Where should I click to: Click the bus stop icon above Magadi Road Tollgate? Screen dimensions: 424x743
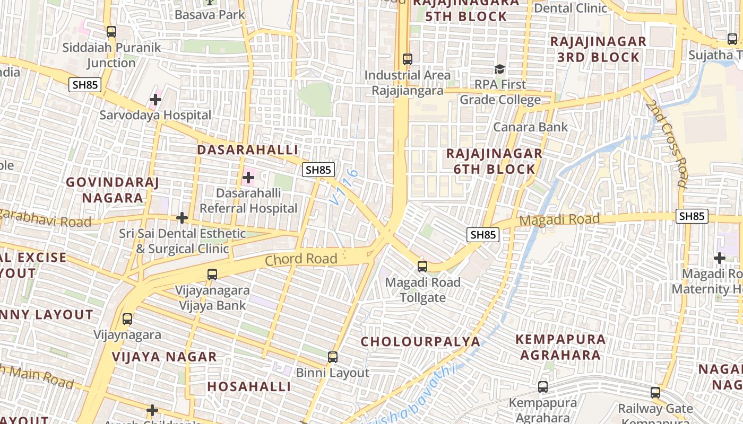click(x=422, y=267)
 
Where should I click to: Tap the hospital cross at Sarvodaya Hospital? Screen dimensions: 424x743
click(x=155, y=99)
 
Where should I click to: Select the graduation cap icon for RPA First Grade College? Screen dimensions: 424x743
click(x=499, y=69)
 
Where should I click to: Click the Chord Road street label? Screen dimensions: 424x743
click(x=301, y=259)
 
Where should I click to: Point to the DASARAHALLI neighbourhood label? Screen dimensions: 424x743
click(x=247, y=150)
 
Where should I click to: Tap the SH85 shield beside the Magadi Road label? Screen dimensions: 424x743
click(x=692, y=216)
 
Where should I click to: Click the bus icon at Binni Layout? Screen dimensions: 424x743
click(x=333, y=357)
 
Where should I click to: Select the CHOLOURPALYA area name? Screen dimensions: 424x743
click(x=420, y=342)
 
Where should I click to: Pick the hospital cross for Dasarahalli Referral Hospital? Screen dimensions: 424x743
click(x=248, y=178)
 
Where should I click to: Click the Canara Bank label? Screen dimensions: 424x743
click(x=530, y=127)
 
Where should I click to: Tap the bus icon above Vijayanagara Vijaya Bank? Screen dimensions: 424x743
click(x=212, y=275)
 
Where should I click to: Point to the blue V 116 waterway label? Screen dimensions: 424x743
click(x=343, y=187)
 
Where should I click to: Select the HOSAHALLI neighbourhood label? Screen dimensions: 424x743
click(x=249, y=387)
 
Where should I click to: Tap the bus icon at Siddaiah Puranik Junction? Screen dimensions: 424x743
click(x=111, y=32)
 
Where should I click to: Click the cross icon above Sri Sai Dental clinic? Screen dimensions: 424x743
click(x=182, y=218)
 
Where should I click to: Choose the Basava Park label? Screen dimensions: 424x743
click(x=210, y=15)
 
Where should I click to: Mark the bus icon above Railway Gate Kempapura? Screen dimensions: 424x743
click(x=655, y=393)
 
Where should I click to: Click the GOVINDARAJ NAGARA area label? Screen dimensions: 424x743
click(x=113, y=190)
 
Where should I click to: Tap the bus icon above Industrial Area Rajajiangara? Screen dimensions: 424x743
click(x=408, y=59)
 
